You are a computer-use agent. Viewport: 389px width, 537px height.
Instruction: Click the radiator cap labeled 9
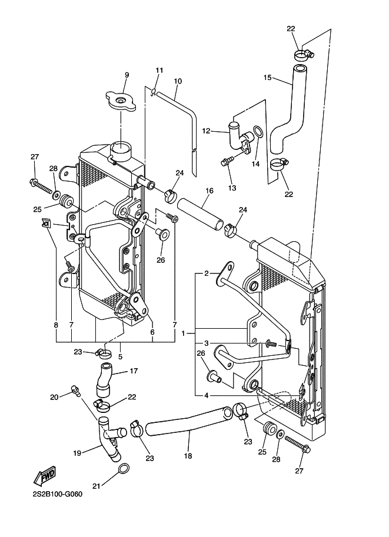click(121, 101)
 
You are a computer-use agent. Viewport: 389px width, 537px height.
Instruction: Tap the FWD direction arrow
click(45, 475)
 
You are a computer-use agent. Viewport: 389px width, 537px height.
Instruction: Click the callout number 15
click(267, 78)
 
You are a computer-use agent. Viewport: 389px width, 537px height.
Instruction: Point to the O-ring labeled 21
click(124, 469)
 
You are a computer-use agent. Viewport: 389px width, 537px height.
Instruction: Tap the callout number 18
click(188, 456)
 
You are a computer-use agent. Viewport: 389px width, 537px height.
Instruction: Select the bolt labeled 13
click(227, 161)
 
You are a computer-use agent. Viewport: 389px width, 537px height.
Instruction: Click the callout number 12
click(206, 131)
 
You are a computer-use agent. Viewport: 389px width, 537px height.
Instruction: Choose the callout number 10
click(178, 81)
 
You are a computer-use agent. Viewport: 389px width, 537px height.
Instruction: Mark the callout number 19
click(77, 453)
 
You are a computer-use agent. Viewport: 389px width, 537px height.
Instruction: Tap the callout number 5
click(120, 356)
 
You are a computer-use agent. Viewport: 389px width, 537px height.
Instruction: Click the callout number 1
click(184, 333)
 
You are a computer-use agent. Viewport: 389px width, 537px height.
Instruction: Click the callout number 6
click(152, 332)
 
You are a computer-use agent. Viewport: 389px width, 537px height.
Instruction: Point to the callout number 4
click(206, 396)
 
